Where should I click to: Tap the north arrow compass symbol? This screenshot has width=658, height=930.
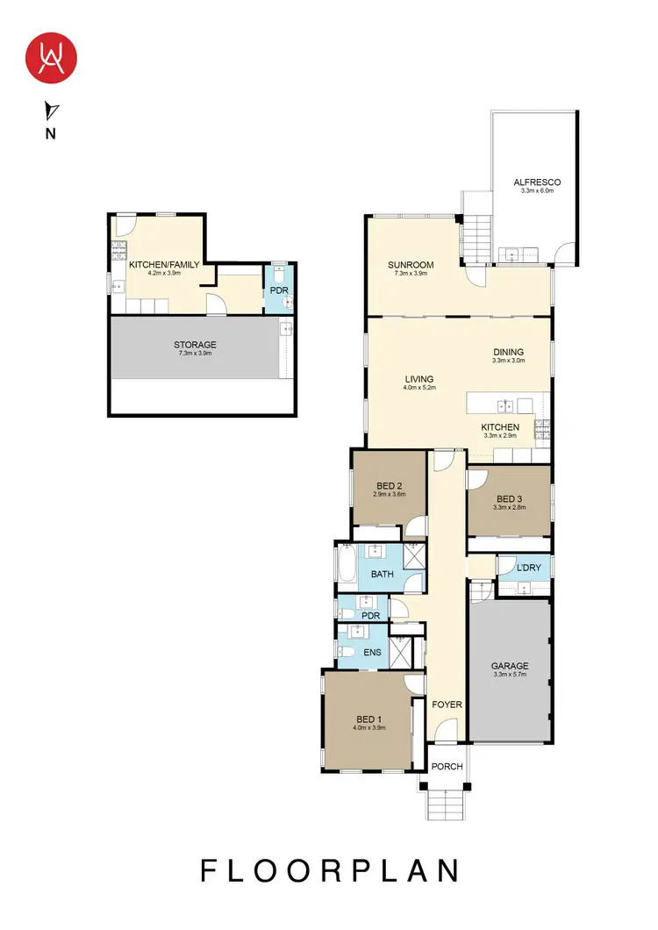click(x=52, y=111)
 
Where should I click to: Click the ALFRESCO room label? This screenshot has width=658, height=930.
click(x=537, y=182)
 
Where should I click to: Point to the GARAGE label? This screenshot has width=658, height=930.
click(x=509, y=665)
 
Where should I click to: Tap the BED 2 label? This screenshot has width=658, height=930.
click(x=389, y=486)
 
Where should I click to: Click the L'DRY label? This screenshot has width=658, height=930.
click(x=528, y=568)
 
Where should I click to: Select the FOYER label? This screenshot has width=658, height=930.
click(x=447, y=705)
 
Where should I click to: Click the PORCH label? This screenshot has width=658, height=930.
click(x=447, y=766)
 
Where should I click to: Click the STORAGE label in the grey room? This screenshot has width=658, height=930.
click(x=195, y=345)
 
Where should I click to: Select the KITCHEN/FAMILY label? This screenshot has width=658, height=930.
click(x=165, y=264)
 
